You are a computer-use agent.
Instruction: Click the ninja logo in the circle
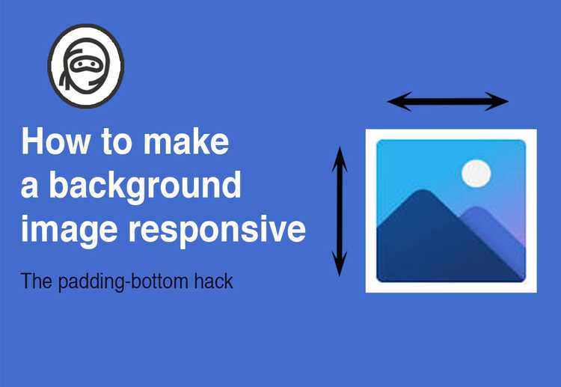point(86,67)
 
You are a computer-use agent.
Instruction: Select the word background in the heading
point(144,186)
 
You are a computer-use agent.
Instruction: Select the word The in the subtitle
point(34,282)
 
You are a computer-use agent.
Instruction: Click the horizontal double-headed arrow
point(447,101)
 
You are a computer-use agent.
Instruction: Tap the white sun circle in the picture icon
point(476,173)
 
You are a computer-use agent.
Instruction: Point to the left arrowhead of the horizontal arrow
point(395,101)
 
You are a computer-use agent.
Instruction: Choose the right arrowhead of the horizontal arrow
point(500,101)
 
